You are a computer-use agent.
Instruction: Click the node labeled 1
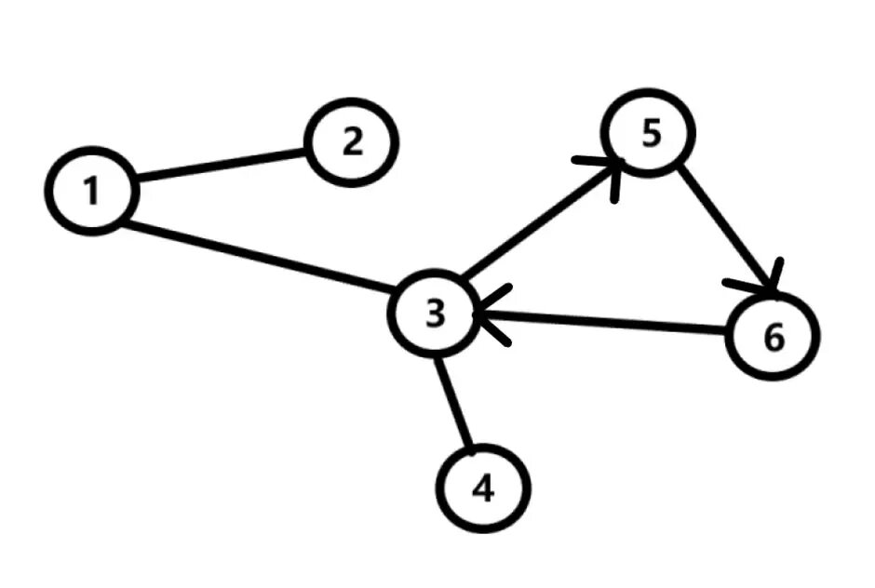(x=91, y=191)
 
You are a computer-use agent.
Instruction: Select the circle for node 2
(x=353, y=142)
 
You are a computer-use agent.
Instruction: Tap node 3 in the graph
(x=435, y=314)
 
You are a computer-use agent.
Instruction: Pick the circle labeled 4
(x=483, y=488)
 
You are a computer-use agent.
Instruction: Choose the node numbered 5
(x=650, y=134)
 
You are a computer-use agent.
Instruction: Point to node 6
(x=773, y=337)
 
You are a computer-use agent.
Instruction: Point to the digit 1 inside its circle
(x=91, y=192)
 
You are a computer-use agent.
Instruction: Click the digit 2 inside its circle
(x=352, y=143)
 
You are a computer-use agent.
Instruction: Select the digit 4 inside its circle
(x=483, y=488)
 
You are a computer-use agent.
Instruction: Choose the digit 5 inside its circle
(x=651, y=134)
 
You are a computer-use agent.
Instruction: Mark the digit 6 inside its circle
(x=774, y=338)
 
